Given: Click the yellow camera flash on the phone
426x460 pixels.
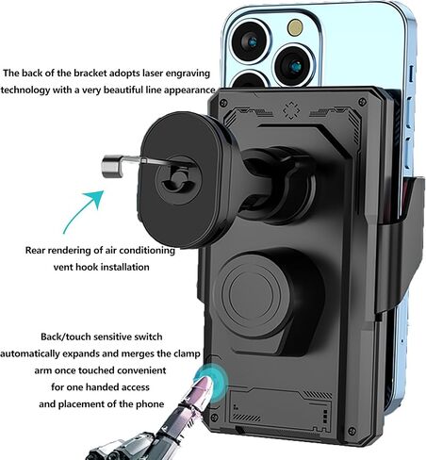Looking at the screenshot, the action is coord(295,27).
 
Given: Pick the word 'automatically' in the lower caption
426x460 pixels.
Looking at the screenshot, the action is coord(30,353).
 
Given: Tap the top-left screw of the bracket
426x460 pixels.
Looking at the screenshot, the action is coord(223,103).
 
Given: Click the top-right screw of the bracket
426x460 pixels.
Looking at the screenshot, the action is coord(362,102).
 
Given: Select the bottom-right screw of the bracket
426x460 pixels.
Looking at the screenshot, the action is coord(352,431).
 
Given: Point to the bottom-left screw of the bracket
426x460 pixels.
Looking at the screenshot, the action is coord(214,418).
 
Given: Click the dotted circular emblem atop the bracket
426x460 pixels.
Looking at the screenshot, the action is coord(291,110).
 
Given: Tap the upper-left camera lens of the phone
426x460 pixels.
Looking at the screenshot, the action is coord(250,41).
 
